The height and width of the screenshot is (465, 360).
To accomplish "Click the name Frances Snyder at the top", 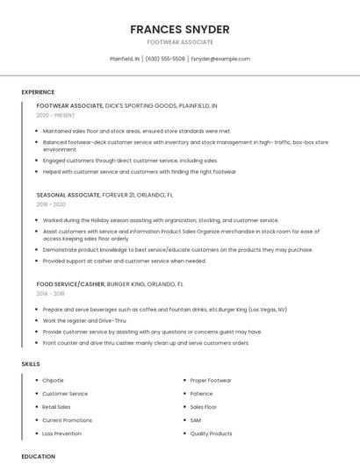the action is (x=180, y=28).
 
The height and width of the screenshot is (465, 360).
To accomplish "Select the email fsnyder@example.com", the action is (x=220, y=59).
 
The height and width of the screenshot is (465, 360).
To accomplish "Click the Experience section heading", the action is (x=38, y=92).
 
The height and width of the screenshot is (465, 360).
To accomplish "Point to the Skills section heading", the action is (x=31, y=363).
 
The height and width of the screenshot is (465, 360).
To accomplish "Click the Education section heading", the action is (x=38, y=456).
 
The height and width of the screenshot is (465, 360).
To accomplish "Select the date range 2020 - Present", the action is (x=55, y=115).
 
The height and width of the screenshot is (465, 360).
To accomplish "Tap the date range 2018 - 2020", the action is (x=51, y=204).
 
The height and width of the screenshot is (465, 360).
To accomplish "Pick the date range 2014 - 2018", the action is (x=51, y=294).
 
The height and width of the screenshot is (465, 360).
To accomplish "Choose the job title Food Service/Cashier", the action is (x=70, y=284).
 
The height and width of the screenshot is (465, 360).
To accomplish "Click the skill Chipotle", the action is (x=53, y=381).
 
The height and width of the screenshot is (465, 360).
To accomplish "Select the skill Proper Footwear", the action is (x=211, y=381).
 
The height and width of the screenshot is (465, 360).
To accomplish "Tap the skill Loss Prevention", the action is (x=61, y=433).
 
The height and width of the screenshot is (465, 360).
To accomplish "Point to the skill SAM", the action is (x=196, y=420).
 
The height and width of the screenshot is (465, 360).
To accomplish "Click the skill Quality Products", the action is (x=211, y=433).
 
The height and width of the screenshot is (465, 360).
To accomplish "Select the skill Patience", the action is (x=201, y=394).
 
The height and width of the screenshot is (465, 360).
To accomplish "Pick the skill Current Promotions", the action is (x=67, y=420).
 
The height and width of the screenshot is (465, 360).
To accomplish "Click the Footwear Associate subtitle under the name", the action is (x=180, y=42).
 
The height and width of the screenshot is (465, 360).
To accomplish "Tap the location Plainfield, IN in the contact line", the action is (x=125, y=59).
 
